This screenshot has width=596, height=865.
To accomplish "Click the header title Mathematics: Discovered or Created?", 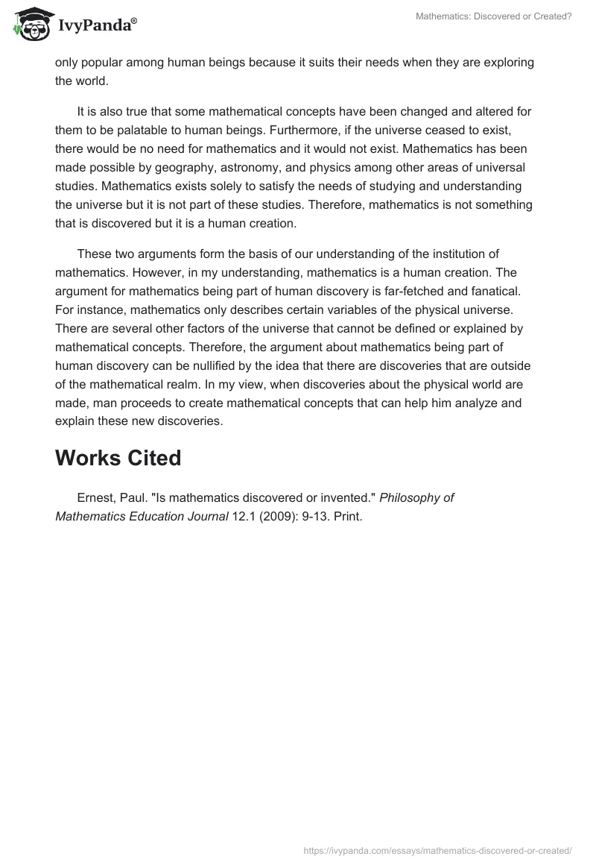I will pyautogui.click(x=494, y=16).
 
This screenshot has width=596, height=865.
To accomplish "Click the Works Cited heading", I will pyautogui.click(x=118, y=458).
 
